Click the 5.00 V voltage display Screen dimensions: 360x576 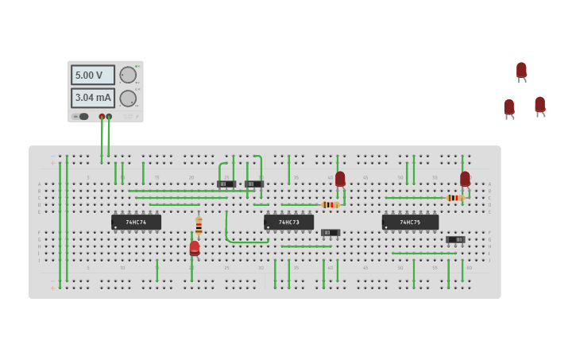pyautogui.click(x=92, y=75)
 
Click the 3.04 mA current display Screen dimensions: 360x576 pyautogui.click(x=92, y=98)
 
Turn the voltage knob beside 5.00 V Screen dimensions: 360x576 pyautogui.click(x=127, y=75)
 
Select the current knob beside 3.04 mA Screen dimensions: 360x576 pyautogui.click(x=127, y=99)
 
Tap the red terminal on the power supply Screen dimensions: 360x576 pyautogui.click(x=102, y=117)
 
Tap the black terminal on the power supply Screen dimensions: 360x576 pyautogui.click(x=109, y=117)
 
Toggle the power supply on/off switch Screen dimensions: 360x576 pyautogui.click(x=81, y=116)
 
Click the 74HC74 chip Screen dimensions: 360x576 pyautogui.click(x=136, y=223)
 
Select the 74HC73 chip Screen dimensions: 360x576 pyautogui.click(x=288, y=223)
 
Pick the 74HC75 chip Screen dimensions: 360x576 pyautogui.click(x=409, y=223)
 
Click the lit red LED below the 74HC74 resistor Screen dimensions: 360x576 pyautogui.click(x=195, y=248)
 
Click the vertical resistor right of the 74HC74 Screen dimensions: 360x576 pyautogui.click(x=199, y=226)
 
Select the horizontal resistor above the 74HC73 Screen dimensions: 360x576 pyautogui.click(x=331, y=204)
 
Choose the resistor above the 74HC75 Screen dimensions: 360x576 pyautogui.click(x=454, y=198)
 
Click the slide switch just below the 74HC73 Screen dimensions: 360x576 pyautogui.click(x=331, y=233)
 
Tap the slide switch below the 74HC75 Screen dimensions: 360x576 pyautogui.click(x=455, y=239)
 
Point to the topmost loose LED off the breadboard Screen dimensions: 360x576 pyautogui.click(x=521, y=70)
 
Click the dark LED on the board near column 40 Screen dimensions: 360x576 pyautogui.click(x=340, y=180)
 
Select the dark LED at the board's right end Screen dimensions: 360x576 pyautogui.click(x=465, y=180)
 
